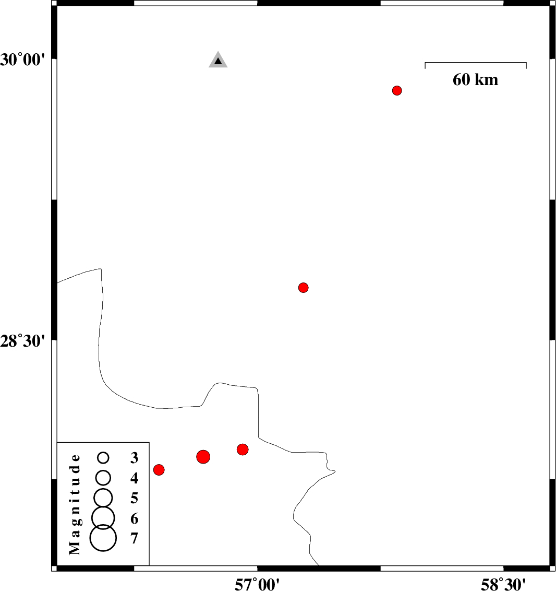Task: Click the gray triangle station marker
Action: click(x=218, y=61)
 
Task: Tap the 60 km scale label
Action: click(x=476, y=80)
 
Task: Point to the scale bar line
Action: click(x=476, y=63)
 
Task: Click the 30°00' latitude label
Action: click(x=22, y=60)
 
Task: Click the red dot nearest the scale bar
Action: click(x=397, y=90)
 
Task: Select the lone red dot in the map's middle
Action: click(x=303, y=288)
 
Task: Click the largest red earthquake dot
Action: click(x=203, y=457)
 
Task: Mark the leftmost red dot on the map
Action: click(x=159, y=470)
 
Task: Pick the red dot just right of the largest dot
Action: click(x=243, y=450)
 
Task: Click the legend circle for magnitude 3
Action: click(x=103, y=457)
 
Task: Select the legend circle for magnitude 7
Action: click(x=103, y=538)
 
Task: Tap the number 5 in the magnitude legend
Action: click(x=135, y=498)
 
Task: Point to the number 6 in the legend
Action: click(x=135, y=518)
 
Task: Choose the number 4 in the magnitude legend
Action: click(x=135, y=478)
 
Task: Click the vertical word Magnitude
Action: click(x=75, y=505)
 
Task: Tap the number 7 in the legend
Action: click(x=135, y=539)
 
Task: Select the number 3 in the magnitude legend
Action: click(x=135, y=457)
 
